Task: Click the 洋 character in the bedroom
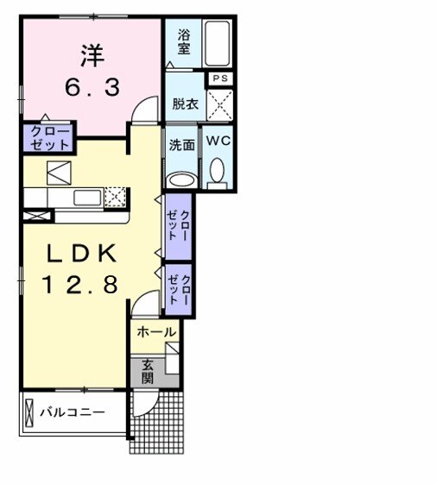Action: pos(92,57)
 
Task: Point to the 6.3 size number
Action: pos(92,87)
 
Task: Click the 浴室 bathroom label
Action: pos(184,41)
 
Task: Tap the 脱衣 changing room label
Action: pos(183,102)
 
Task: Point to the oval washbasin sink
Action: pos(181,179)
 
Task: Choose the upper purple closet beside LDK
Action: pos(178,224)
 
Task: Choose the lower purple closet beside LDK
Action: pos(178,287)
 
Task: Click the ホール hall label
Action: pos(156,331)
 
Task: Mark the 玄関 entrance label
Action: pos(148,370)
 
